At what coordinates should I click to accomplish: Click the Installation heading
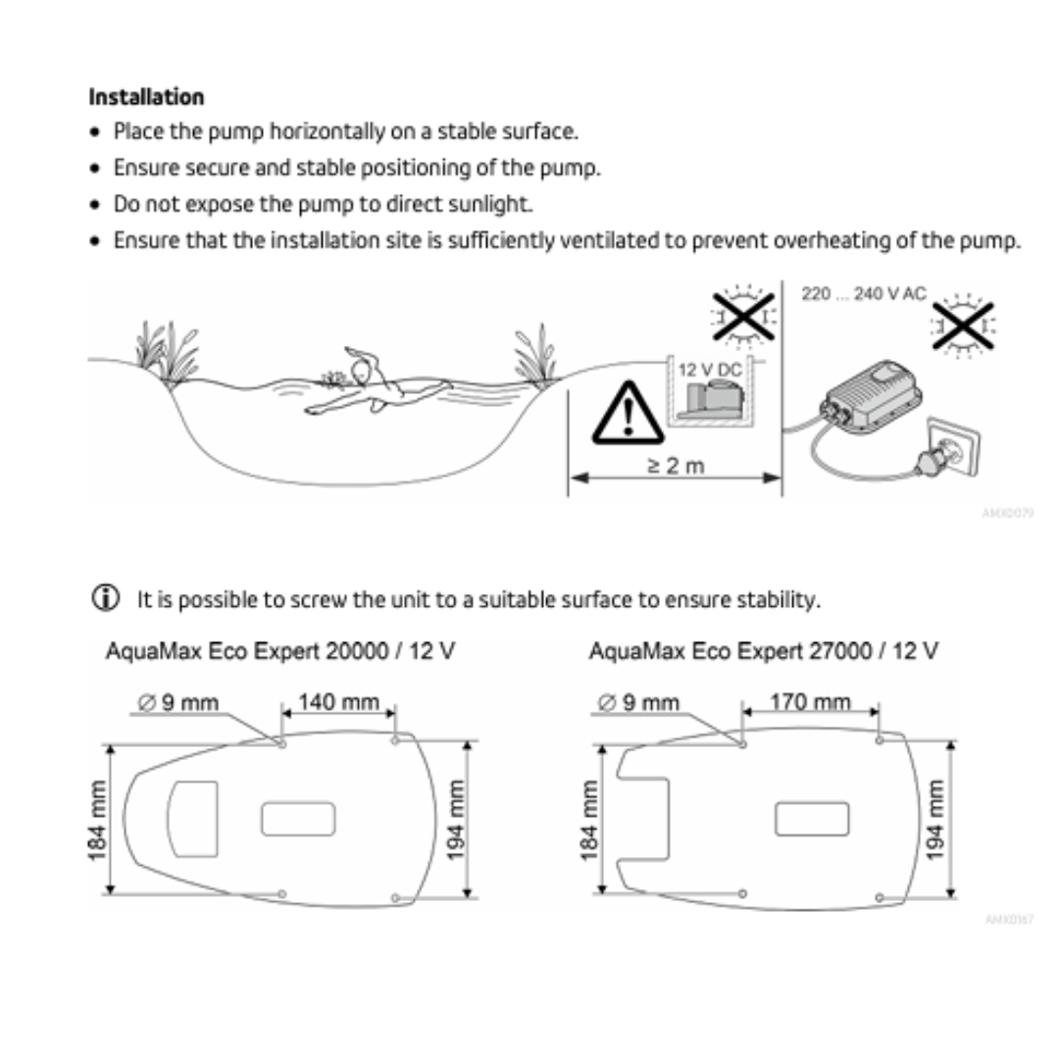pyautogui.click(x=146, y=97)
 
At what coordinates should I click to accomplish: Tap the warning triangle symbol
pyautogui.click(x=622, y=412)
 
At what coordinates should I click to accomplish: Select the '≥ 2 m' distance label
pyautogui.click(x=677, y=465)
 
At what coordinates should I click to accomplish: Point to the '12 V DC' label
pyautogui.click(x=710, y=371)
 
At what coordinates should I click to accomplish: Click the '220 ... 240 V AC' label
pyautogui.click(x=863, y=294)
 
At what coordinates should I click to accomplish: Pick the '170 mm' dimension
pyautogui.click(x=810, y=703)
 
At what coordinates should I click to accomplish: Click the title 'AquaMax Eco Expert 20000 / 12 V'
pyautogui.click(x=280, y=651)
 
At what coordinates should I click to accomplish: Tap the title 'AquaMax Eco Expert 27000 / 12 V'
pyautogui.click(x=763, y=651)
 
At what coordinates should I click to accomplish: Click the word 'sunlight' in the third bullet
pyautogui.click(x=494, y=204)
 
